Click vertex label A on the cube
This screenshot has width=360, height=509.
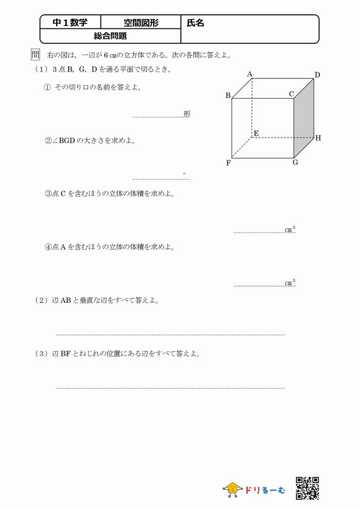pos(249,75)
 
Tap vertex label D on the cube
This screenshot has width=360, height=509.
pos(317,75)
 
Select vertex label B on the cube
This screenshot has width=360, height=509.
pos(228,96)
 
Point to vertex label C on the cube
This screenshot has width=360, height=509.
pos(291,94)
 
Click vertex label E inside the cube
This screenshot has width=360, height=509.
pos(256,133)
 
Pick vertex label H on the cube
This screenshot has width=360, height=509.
pos(318,138)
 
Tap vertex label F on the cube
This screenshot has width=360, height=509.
pos(228,163)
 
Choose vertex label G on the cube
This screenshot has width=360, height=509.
pos(296,163)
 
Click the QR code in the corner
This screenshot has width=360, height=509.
pos(308,487)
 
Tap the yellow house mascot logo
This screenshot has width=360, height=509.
pos(232,490)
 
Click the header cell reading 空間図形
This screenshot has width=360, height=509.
pos(141,23)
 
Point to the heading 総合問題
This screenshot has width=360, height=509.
pos(110,36)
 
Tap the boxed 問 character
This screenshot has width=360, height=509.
pos(35,55)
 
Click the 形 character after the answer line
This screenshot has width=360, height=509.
pos(186,114)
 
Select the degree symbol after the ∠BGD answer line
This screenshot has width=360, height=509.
pos(184,174)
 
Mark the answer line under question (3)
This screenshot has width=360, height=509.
pos(170,388)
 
